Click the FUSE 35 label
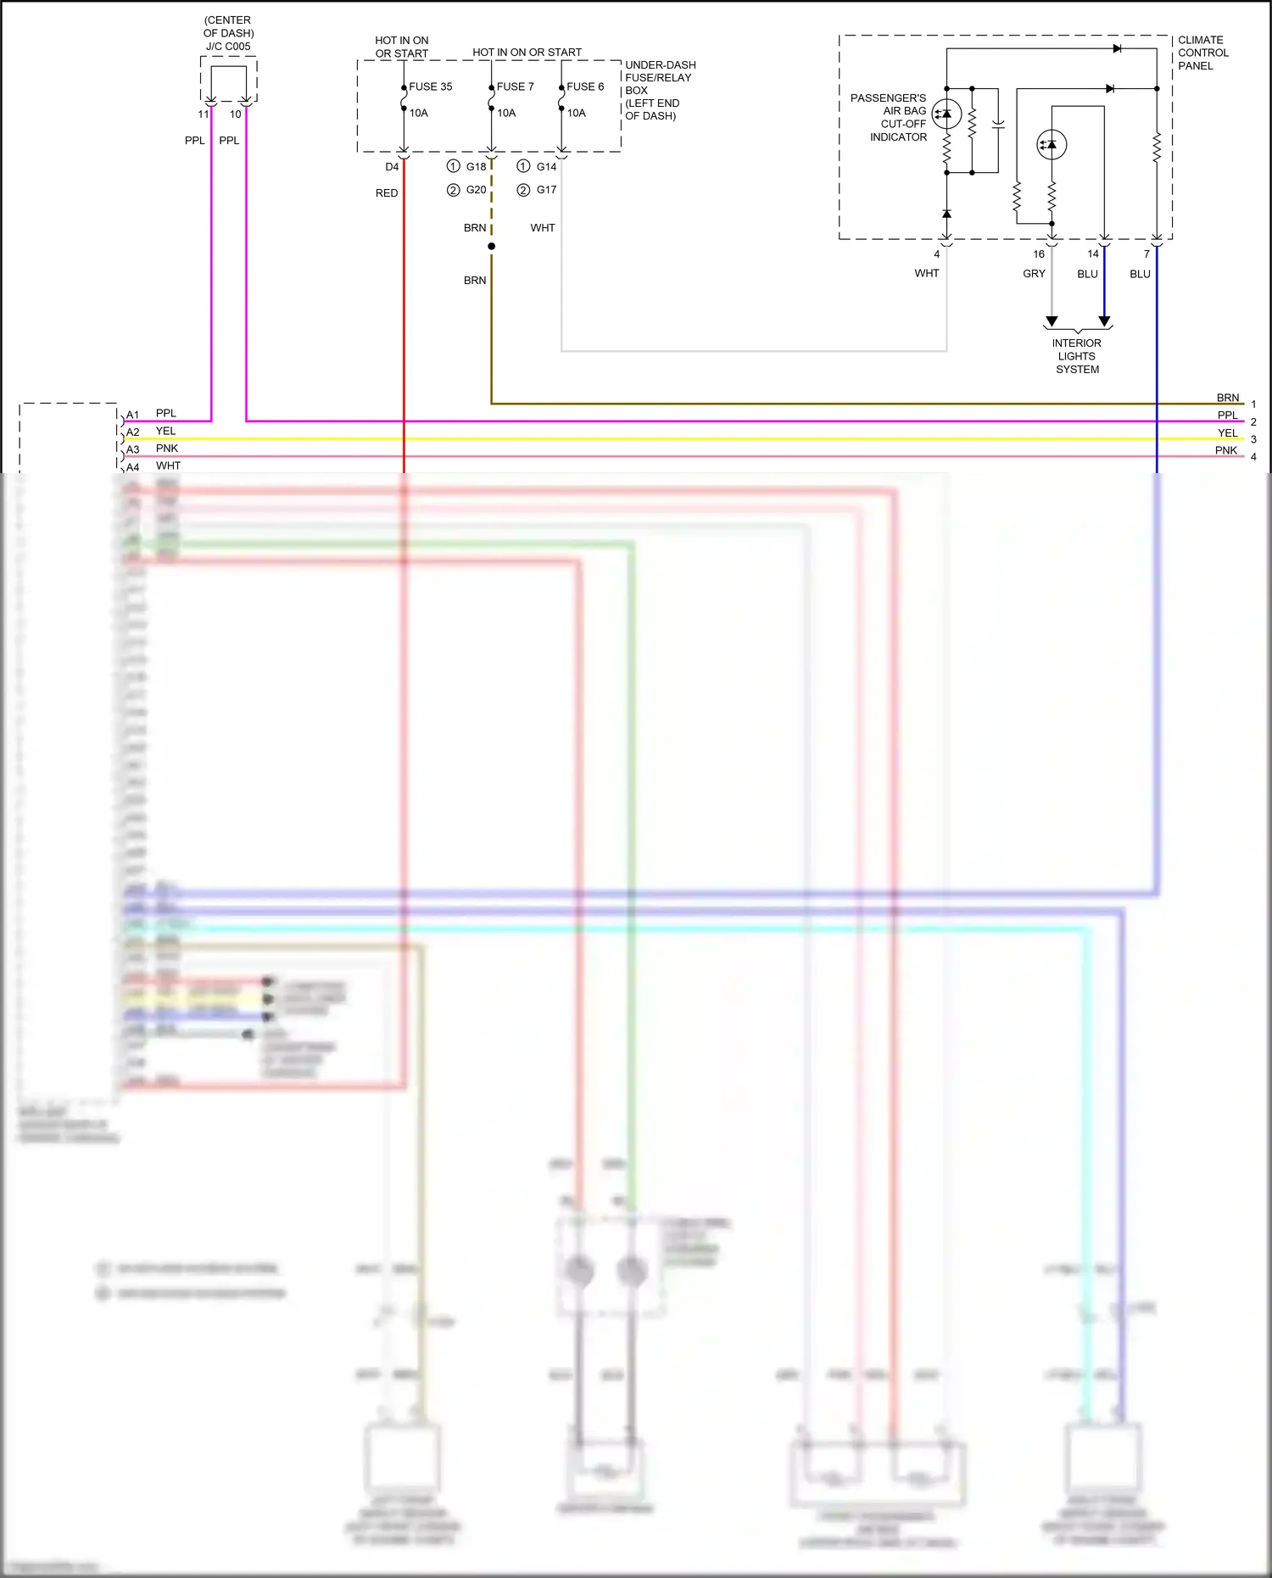(430, 86)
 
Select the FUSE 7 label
(515, 86)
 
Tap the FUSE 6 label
(585, 86)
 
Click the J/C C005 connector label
(228, 47)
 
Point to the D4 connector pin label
(392, 167)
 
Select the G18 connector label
(476, 167)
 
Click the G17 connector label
(546, 190)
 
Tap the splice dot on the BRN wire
(491, 247)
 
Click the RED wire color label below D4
(387, 193)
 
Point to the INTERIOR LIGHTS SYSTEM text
(1077, 356)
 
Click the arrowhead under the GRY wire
(1052, 321)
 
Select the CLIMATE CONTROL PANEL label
(1202, 53)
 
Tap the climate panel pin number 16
(1039, 254)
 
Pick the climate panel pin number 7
(1146, 254)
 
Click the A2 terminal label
(133, 432)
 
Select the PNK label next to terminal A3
(167, 449)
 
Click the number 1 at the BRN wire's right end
(1253, 404)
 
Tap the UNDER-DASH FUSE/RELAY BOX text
(660, 90)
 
